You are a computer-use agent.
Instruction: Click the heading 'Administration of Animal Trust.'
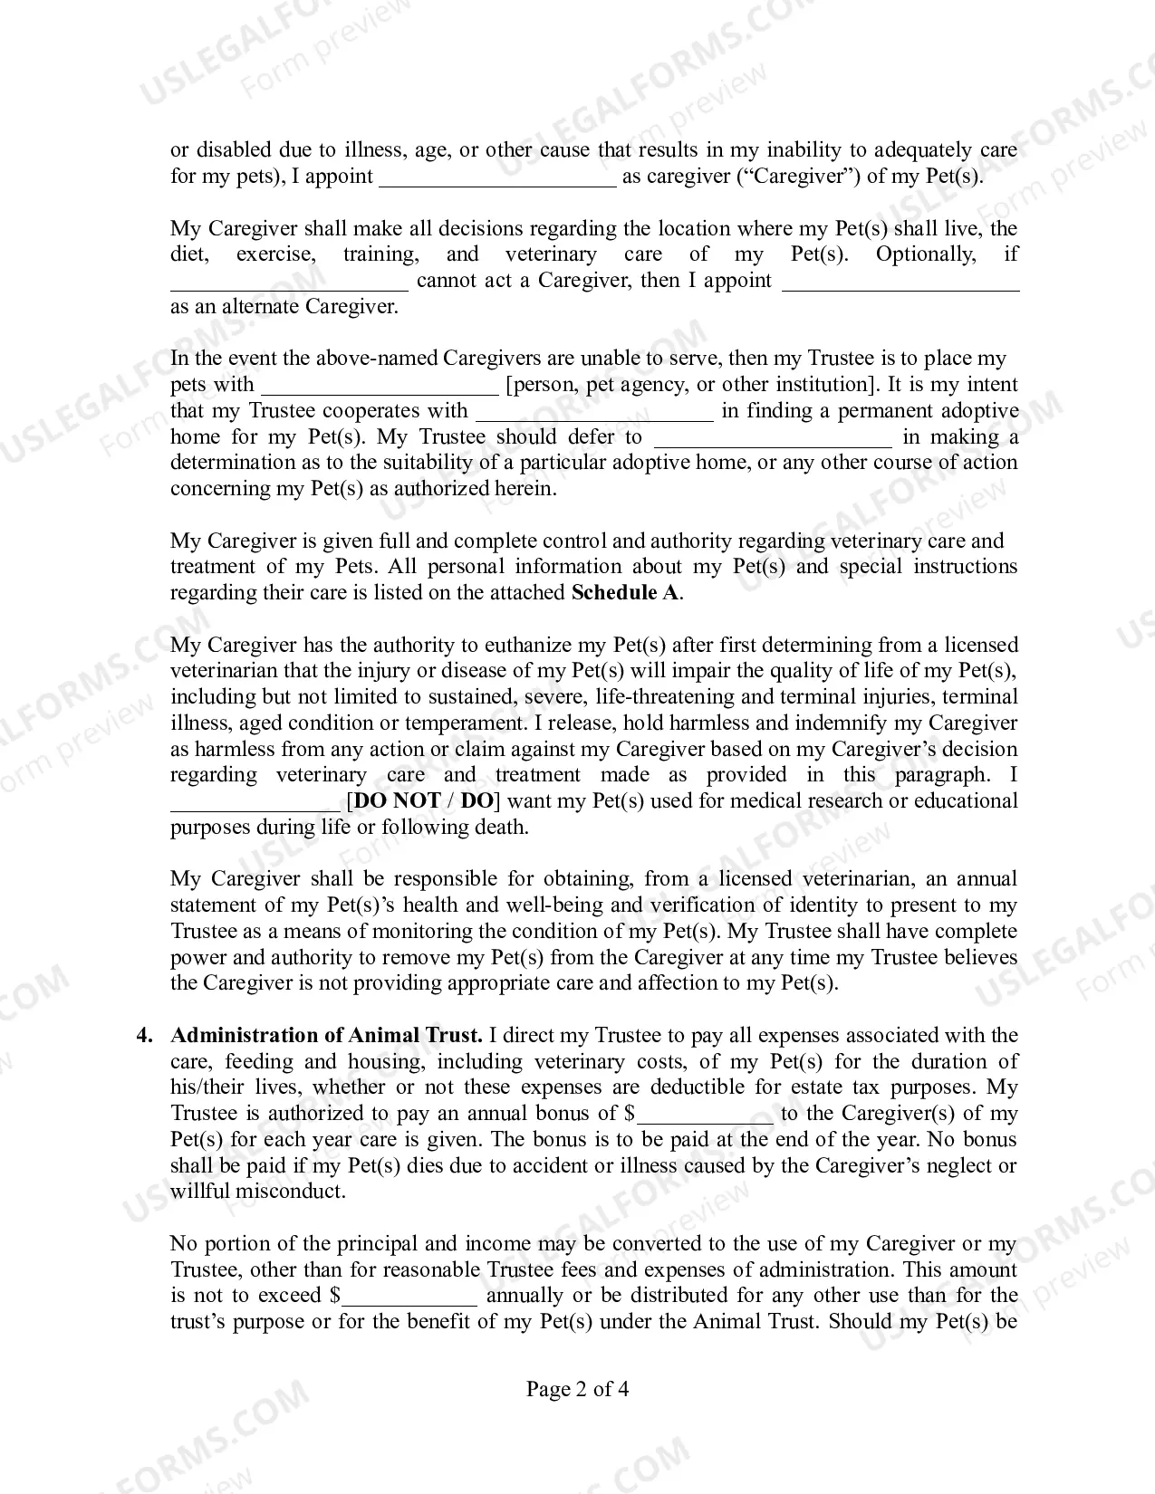click(326, 1036)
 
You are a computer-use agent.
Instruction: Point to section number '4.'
click(144, 1036)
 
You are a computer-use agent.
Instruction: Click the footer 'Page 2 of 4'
click(577, 1389)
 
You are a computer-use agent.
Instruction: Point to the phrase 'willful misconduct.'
click(258, 1192)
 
